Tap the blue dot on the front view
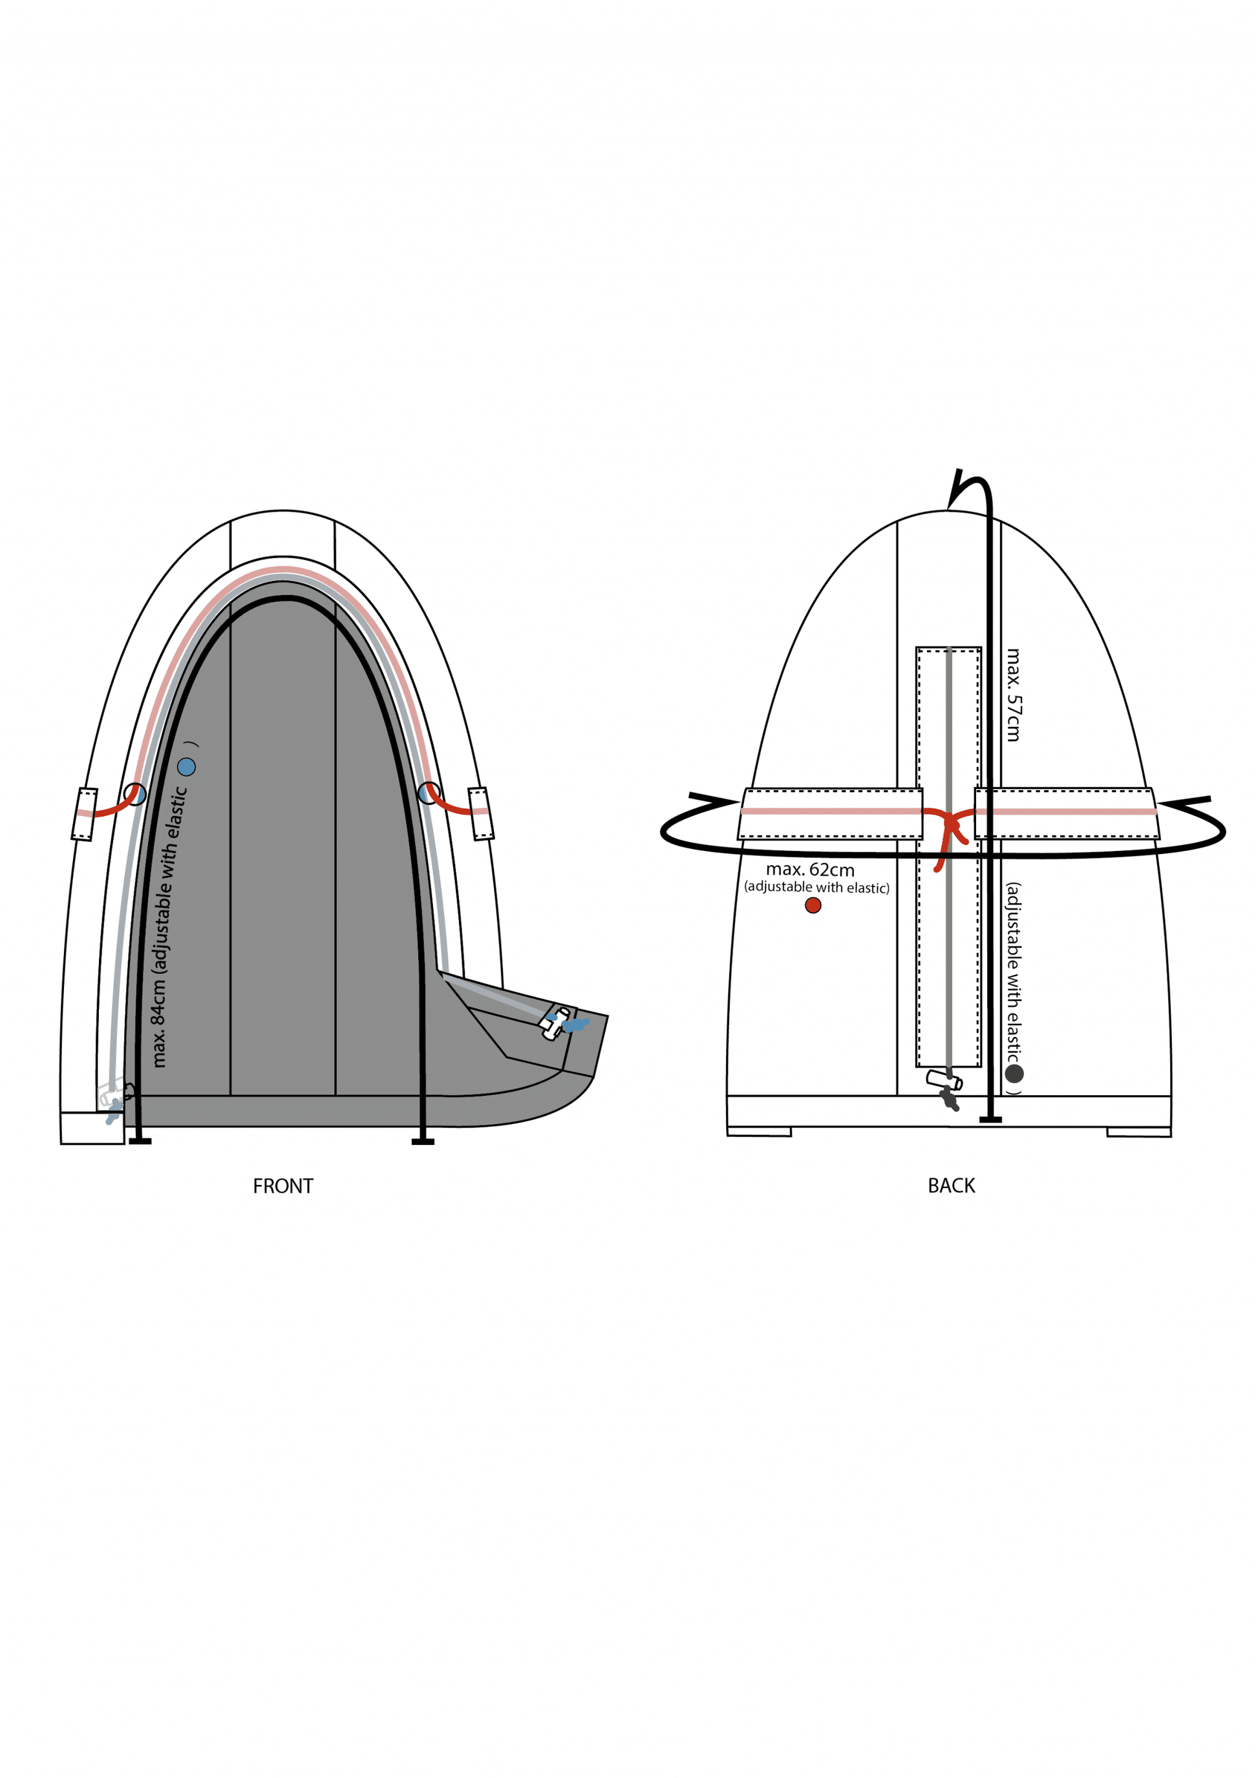(187, 767)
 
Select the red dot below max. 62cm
(813, 905)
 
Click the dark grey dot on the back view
(1014, 1073)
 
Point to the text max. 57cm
(1012, 695)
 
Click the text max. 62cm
(810, 870)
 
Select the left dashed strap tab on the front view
(85, 814)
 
